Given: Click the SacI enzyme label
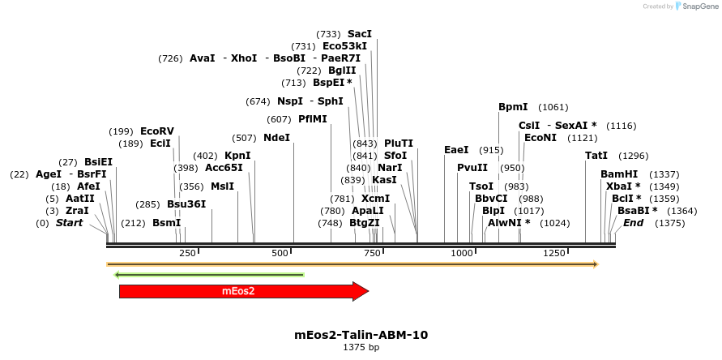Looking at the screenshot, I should [x=360, y=34].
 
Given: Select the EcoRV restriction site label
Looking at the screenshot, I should [x=157, y=131].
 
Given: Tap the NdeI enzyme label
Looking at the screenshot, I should [x=276, y=138].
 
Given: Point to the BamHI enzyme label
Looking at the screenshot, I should [x=619, y=174].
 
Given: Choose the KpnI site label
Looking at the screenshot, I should [x=237, y=156].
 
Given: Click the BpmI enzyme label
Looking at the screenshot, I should [x=513, y=107].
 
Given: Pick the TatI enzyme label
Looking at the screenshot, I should [x=596, y=156].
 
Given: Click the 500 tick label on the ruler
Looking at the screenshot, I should [x=280, y=254].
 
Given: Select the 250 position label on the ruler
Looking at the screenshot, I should [x=187, y=254].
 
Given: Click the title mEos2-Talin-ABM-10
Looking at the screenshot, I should [x=361, y=334].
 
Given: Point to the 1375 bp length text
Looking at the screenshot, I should [x=361, y=347].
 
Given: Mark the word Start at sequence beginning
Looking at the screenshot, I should [x=69, y=223].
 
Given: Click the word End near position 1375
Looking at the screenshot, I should [x=633, y=223].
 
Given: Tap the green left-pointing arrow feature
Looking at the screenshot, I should [x=209, y=275].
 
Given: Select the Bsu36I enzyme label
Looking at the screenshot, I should [x=186, y=204].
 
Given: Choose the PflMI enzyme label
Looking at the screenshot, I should [x=313, y=119].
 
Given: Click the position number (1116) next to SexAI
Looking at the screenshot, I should [x=621, y=126].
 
